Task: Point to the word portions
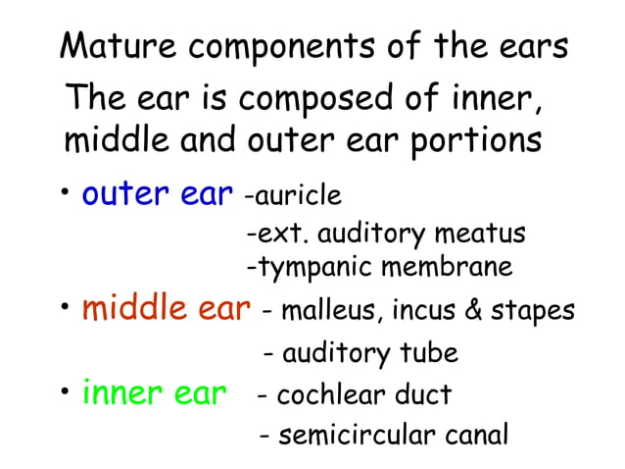click(472, 139)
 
